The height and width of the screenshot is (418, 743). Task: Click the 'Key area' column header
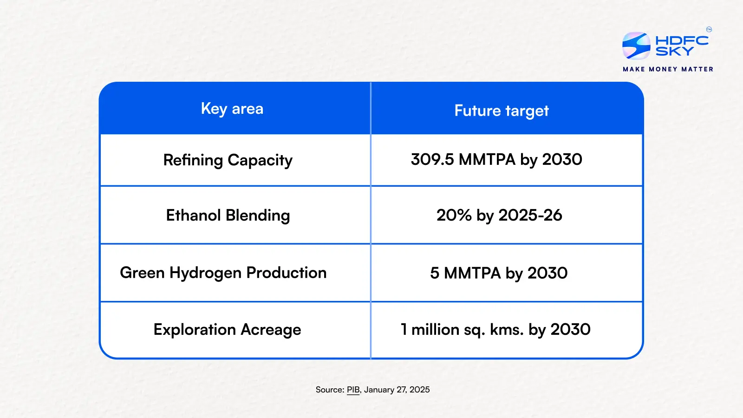click(x=232, y=109)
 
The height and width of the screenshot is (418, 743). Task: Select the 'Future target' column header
click(x=502, y=111)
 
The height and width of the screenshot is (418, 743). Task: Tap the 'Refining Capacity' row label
click(x=228, y=160)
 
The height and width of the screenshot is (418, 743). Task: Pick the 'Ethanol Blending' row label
click(x=228, y=216)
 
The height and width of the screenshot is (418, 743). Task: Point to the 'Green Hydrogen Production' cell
click(x=223, y=273)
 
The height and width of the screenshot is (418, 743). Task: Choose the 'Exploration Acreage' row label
click(x=227, y=330)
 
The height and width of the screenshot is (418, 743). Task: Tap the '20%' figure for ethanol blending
click(x=454, y=216)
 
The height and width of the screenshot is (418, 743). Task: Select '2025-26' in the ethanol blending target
click(x=530, y=216)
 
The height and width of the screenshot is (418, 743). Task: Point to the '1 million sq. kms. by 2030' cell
click(x=495, y=330)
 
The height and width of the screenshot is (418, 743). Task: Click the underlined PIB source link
click(x=353, y=390)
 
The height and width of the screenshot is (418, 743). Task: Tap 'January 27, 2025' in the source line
click(x=397, y=390)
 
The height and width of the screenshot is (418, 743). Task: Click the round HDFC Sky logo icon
click(x=636, y=46)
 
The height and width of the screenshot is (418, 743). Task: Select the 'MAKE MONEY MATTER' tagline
click(x=668, y=69)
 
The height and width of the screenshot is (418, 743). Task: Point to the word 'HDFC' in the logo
click(x=682, y=40)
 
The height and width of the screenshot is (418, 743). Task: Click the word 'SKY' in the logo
click(x=674, y=51)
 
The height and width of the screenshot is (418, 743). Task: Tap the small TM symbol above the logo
click(x=709, y=30)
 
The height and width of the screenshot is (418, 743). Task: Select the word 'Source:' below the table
click(x=330, y=390)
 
